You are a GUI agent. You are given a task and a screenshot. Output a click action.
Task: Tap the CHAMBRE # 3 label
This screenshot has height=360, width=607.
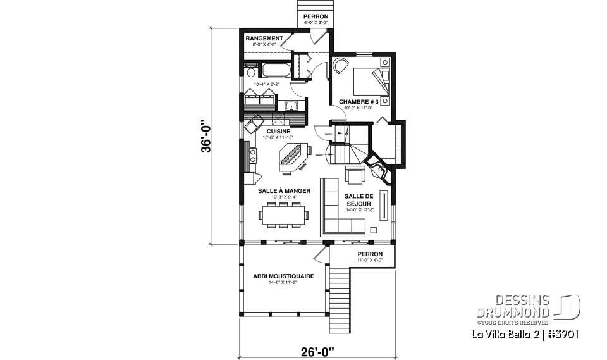coord(359,101)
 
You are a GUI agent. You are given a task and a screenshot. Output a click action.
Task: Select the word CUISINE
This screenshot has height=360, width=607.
coord(278,131)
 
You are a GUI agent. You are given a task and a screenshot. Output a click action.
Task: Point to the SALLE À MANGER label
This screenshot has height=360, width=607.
coord(284,190)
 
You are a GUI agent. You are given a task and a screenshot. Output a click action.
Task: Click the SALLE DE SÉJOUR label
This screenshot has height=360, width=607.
coord(360,201)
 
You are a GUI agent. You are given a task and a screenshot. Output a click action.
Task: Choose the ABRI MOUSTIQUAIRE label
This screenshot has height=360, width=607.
coord(275,276)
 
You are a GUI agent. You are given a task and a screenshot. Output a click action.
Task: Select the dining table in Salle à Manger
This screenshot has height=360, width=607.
coord(284,213)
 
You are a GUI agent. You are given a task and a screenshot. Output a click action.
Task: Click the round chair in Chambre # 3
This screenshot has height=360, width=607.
coord(342,65)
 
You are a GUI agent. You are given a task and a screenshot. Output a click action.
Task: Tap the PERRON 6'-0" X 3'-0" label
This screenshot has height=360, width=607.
coord(315,18)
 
